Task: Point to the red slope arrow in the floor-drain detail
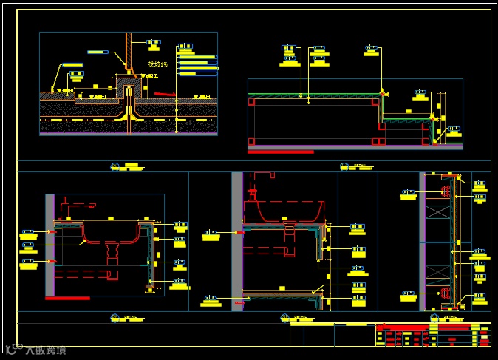click(165, 94)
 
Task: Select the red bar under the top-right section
click(281, 152)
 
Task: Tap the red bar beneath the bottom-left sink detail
click(67, 298)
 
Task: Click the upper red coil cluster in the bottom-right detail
click(446, 191)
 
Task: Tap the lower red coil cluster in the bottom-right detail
click(446, 293)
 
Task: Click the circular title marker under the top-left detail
click(115, 166)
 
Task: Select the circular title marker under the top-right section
click(344, 166)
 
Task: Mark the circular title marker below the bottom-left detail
click(115, 317)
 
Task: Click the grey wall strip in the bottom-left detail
click(50, 245)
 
